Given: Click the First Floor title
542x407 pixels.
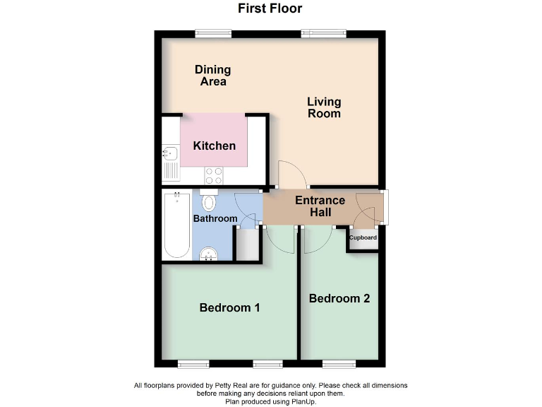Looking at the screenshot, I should [x=270, y=9].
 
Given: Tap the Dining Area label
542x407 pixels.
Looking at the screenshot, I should [x=213, y=76].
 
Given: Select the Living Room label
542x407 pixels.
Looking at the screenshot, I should [x=324, y=108].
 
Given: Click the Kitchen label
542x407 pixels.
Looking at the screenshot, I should [x=215, y=146].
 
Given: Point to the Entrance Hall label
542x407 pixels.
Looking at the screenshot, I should [x=320, y=206].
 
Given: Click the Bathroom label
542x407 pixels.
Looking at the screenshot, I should [x=215, y=218].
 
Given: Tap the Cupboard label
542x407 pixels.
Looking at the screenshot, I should [x=363, y=237].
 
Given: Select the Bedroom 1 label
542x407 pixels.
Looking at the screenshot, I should [x=230, y=307].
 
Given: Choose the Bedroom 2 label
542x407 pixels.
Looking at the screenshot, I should [x=339, y=298].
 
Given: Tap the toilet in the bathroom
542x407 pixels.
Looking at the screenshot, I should [x=208, y=202].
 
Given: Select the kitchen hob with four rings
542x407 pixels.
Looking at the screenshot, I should [x=214, y=175].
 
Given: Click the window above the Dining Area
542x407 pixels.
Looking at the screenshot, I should [x=213, y=32].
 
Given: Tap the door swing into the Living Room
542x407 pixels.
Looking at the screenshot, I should [x=289, y=173].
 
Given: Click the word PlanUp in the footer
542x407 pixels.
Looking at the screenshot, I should [x=305, y=401].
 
